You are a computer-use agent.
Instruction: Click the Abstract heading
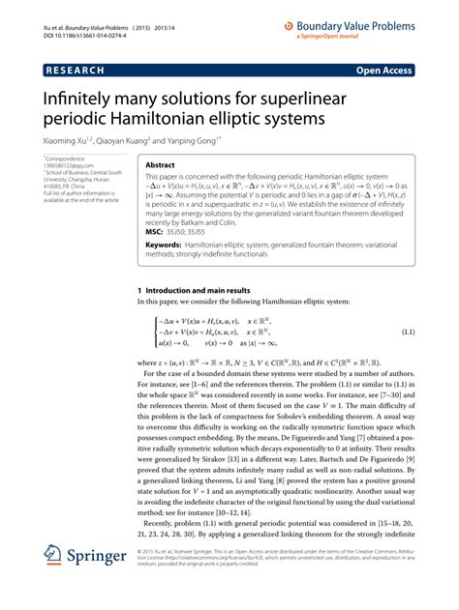click(160, 165)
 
